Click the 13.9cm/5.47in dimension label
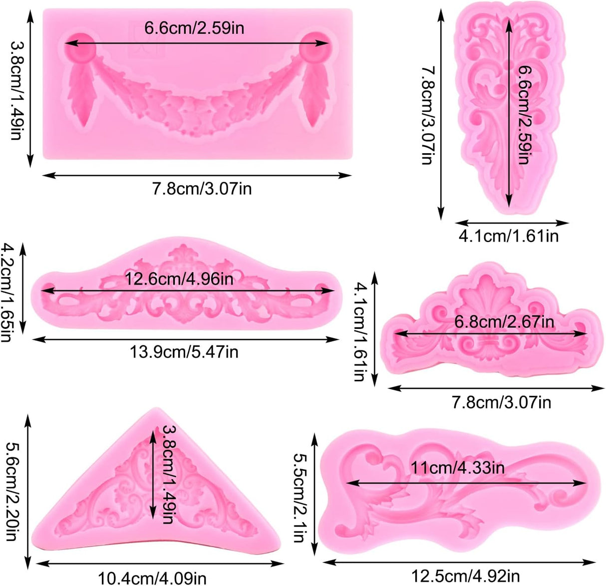(x=184, y=352)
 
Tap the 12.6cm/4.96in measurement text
(x=179, y=279)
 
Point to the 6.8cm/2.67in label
(x=504, y=321)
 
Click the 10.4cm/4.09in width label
(x=152, y=578)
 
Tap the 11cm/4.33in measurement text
(x=457, y=468)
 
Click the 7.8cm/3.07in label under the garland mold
(x=202, y=189)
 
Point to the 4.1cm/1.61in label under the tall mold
(x=508, y=236)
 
